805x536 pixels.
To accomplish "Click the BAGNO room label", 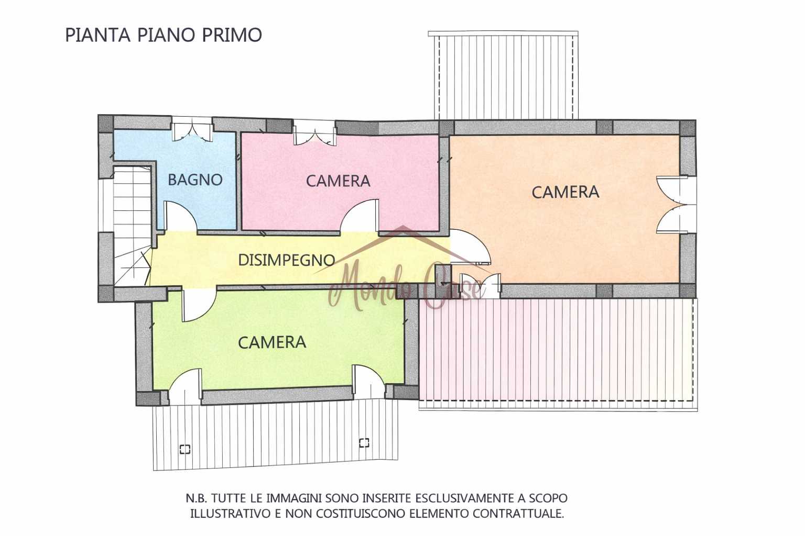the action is (x=195, y=180).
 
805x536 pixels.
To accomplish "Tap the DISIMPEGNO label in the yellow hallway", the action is (x=287, y=260).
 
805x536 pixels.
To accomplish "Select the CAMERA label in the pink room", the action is (x=338, y=181).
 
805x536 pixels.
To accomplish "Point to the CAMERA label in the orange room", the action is (x=565, y=192).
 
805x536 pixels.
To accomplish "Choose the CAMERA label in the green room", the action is (x=272, y=342).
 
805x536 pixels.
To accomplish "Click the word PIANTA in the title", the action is (x=97, y=35).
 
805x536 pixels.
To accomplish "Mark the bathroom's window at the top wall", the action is (x=192, y=130).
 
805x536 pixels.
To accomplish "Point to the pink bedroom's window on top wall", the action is (x=315, y=133).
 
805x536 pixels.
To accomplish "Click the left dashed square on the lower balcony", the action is (x=184, y=449).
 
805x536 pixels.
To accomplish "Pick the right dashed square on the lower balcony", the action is (x=364, y=443).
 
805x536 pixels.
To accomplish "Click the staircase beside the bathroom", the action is (x=132, y=226).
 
